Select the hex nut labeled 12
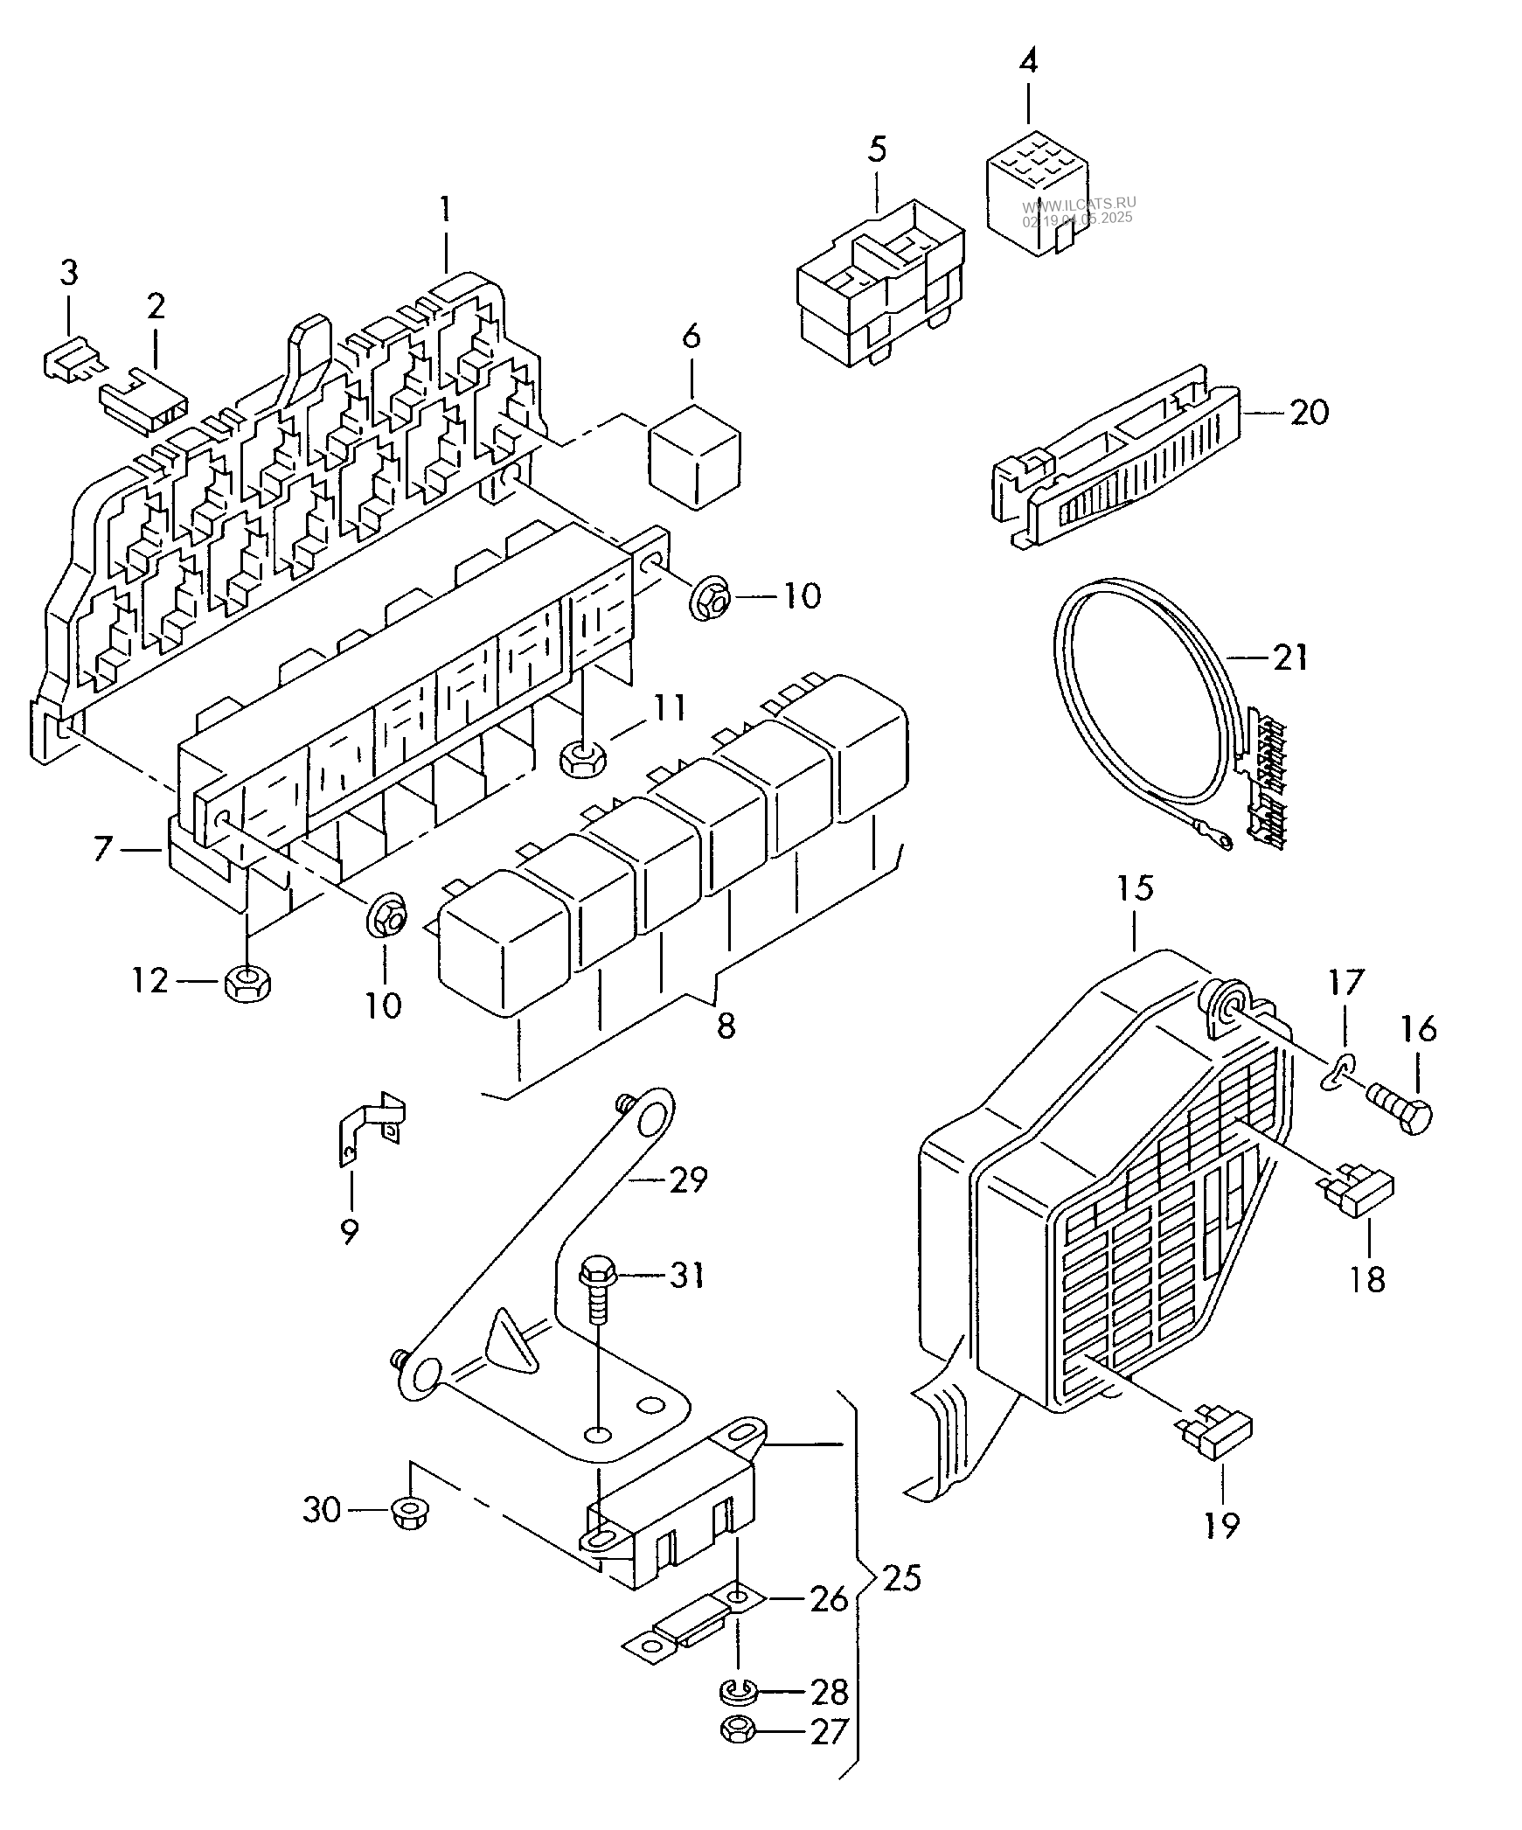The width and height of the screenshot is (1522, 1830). pos(248,984)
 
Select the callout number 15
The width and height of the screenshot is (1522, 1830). pos(1134,889)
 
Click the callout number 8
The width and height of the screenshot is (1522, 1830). pos(726,1026)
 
